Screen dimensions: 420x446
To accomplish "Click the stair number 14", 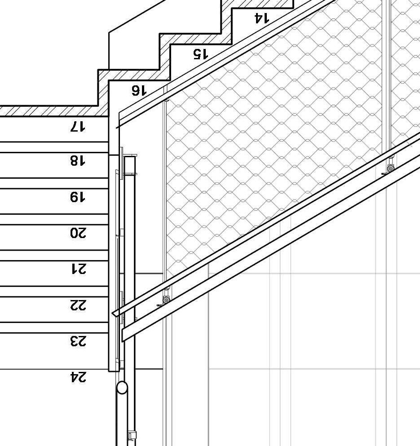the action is click(261, 18).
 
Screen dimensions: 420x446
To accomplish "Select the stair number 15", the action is click(200, 54).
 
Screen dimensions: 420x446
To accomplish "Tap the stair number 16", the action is click(139, 91).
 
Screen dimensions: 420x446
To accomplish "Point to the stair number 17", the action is click(77, 127).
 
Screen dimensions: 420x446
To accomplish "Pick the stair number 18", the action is click(77, 160).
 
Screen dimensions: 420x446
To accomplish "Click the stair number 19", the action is click(77, 197).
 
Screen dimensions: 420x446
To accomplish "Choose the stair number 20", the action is click(77, 233).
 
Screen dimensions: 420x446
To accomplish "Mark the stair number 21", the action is click(77, 269).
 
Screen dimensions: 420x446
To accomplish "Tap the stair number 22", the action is click(77, 305).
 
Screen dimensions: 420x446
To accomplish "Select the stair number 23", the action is click(77, 341).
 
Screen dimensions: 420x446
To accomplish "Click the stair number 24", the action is click(77, 378).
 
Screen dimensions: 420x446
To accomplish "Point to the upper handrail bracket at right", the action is click(390, 168).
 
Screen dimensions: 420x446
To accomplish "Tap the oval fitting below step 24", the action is click(122, 388).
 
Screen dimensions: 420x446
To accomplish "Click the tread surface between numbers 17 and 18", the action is click(54, 147).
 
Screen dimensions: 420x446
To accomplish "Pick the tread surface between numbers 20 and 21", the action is click(54, 255).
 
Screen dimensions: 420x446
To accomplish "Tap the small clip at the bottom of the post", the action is click(132, 435).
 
